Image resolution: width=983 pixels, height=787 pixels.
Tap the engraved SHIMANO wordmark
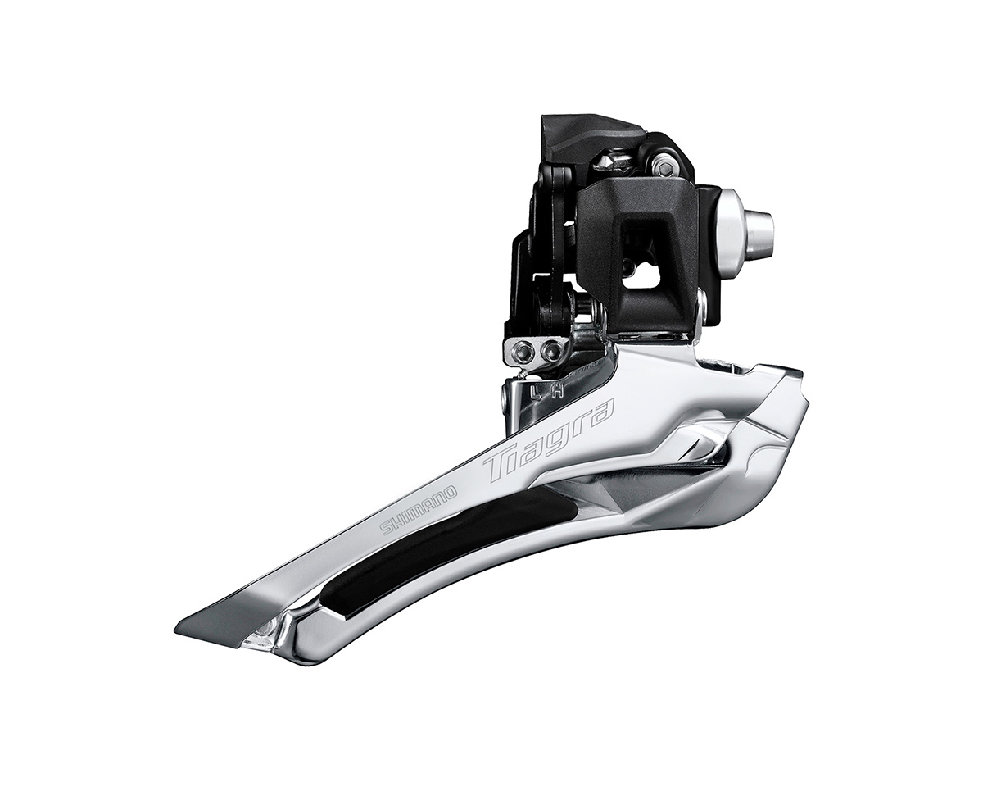(419, 511)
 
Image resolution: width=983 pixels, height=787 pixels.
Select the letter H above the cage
(557, 391)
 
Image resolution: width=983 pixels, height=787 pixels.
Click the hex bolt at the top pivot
(666, 167)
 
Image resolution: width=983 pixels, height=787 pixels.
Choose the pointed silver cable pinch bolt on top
(608, 160)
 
